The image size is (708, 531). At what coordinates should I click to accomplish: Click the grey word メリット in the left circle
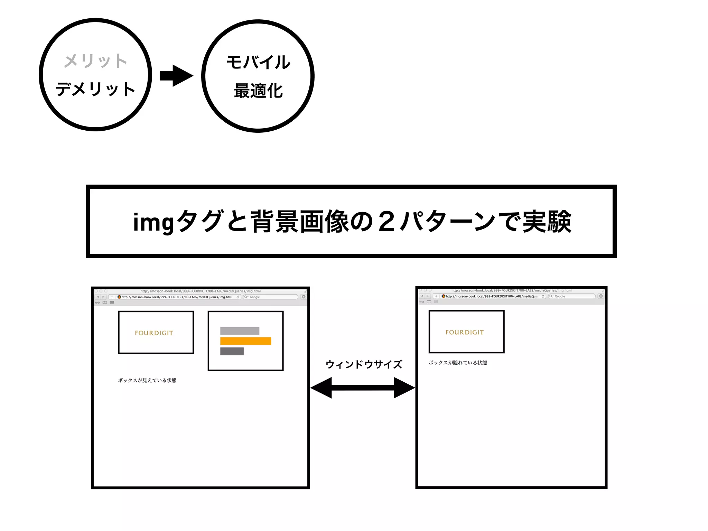click(x=95, y=61)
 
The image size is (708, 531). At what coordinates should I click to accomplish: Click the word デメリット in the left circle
click(x=95, y=89)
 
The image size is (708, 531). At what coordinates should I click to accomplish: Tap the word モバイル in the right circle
click(x=258, y=63)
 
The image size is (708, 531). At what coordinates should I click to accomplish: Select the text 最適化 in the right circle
click(x=258, y=91)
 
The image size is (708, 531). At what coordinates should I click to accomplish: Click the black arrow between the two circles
click(x=176, y=76)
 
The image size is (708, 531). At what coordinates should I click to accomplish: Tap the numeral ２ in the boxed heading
click(x=386, y=222)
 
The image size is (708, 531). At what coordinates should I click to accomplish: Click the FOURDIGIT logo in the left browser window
click(x=154, y=333)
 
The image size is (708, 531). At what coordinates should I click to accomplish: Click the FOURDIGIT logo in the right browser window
click(x=464, y=332)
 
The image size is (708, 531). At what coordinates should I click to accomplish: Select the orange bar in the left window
click(x=245, y=341)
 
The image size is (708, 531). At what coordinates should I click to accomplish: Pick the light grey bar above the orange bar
click(x=240, y=330)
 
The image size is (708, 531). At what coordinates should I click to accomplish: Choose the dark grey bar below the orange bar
click(x=232, y=351)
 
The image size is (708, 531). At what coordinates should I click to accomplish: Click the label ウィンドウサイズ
click(x=364, y=364)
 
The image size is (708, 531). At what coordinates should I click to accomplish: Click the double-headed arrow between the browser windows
click(x=363, y=388)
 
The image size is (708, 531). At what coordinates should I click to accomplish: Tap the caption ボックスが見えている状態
click(x=147, y=380)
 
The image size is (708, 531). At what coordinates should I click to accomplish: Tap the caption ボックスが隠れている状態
click(x=458, y=363)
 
